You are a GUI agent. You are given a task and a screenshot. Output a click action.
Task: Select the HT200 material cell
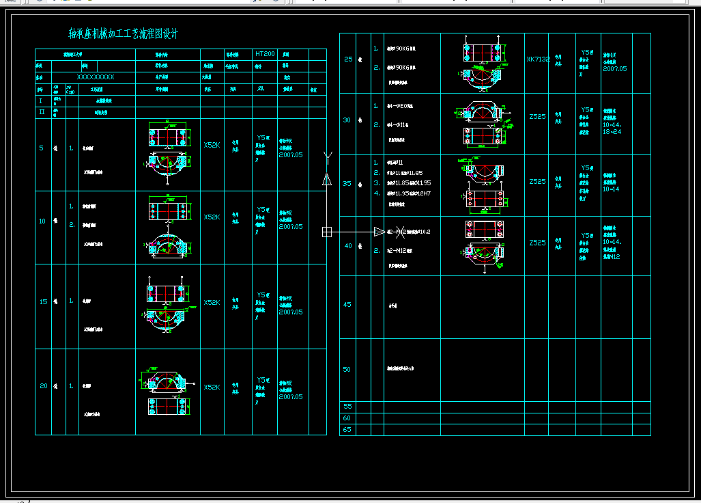(265, 53)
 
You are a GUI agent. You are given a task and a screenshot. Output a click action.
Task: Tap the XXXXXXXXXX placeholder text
(96, 77)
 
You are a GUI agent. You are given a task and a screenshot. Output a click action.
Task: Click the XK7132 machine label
(538, 59)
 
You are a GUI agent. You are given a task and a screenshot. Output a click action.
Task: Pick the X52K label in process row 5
(212, 145)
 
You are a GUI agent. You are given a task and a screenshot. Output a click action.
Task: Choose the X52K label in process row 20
(212, 387)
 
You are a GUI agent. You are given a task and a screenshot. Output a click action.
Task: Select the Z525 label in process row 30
(537, 117)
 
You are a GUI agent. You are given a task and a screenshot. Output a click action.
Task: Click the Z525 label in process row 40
(537, 243)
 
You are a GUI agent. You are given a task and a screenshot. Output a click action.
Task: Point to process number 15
(43, 301)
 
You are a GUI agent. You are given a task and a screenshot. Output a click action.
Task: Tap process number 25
(347, 59)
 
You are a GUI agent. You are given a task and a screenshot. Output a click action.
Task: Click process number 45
(347, 305)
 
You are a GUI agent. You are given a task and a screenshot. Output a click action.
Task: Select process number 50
(347, 370)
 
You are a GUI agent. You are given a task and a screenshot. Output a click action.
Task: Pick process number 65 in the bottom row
(347, 430)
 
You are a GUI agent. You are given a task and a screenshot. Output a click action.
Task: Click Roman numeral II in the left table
(42, 112)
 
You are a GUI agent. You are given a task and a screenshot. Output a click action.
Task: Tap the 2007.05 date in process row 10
(291, 227)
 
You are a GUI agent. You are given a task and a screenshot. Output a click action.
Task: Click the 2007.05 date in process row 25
(614, 69)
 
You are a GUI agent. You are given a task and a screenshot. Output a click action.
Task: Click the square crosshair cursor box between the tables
(327, 232)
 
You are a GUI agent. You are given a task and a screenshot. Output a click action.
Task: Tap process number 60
(347, 418)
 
